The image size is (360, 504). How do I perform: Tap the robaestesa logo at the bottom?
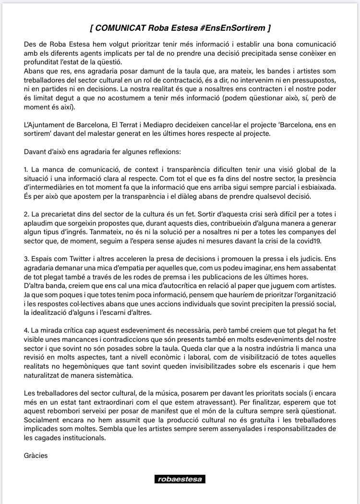180,479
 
